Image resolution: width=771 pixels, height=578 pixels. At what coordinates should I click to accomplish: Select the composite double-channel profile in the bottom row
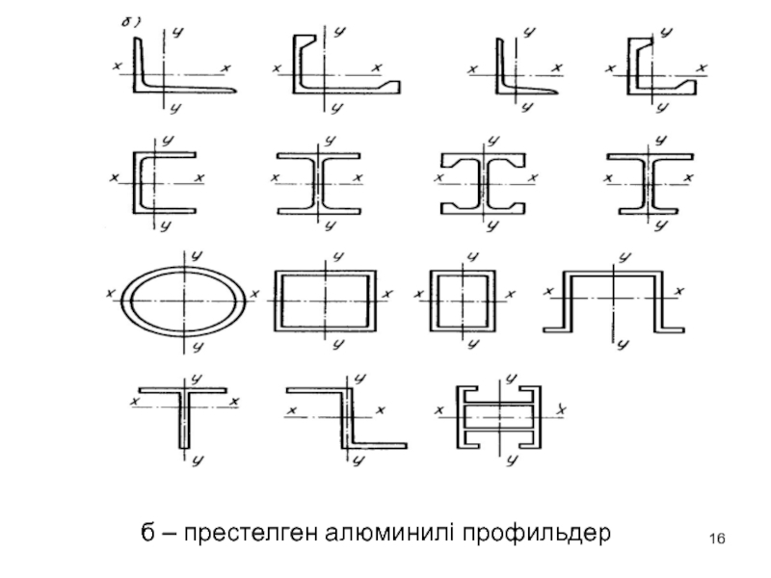pos(497,417)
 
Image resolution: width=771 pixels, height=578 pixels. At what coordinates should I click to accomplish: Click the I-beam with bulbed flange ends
pos(483,180)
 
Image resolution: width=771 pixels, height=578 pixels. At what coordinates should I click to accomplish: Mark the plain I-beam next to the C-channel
pos(319,180)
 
